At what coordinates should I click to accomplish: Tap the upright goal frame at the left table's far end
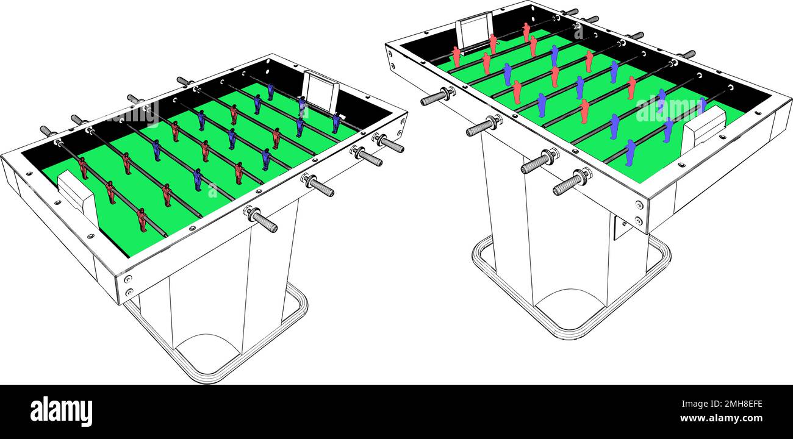321,91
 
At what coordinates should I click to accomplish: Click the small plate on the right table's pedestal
621,227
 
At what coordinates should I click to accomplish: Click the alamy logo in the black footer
61,411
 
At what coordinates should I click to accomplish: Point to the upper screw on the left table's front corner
127,279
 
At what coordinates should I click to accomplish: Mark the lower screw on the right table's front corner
639,221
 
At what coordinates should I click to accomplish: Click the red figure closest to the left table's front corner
142,220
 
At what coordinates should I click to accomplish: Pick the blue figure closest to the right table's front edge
630,152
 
